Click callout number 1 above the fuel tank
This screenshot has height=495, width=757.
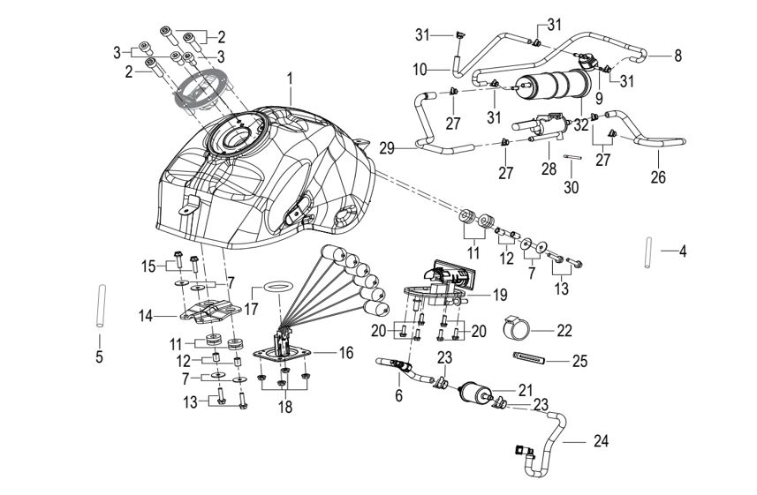click(289, 79)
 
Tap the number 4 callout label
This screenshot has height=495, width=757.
click(682, 251)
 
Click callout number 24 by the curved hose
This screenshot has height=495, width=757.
click(600, 439)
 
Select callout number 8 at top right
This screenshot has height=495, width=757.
click(678, 55)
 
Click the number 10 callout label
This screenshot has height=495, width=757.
click(420, 68)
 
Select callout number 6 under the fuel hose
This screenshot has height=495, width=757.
click(398, 396)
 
